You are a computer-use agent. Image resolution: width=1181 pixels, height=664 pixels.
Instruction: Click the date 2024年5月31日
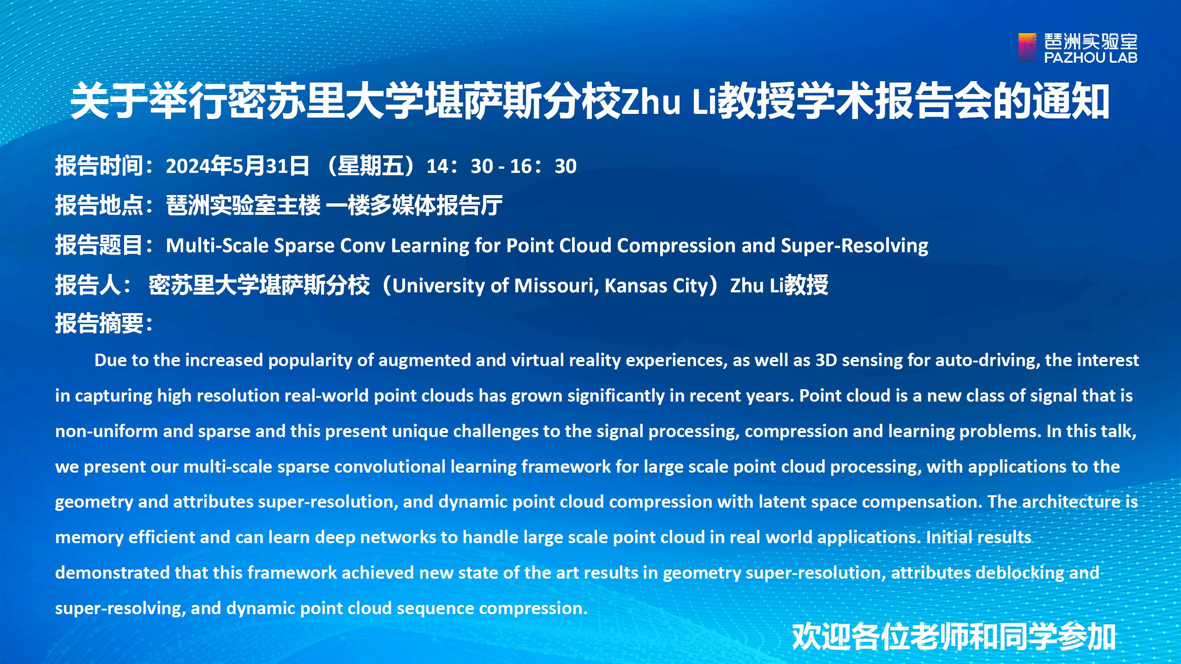[x=237, y=166]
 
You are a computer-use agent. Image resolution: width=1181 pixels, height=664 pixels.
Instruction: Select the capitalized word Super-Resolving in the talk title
[x=854, y=246]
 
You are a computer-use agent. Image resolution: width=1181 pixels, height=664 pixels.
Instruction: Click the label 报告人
[x=88, y=285]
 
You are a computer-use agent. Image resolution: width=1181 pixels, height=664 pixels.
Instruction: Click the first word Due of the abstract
[x=110, y=360]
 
